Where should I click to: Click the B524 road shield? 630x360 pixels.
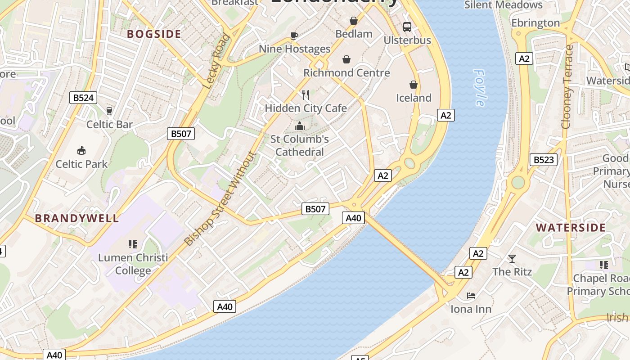[83, 98]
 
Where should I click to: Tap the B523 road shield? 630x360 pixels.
[543, 160]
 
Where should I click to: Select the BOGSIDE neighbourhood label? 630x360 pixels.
[154, 34]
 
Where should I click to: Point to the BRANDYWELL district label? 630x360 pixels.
[77, 218]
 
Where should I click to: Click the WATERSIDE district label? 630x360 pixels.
[571, 227]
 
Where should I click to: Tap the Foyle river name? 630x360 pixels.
[480, 88]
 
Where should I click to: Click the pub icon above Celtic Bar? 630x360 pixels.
[109, 111]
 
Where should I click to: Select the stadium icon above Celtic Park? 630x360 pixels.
[81, 150]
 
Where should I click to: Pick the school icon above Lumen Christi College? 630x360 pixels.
[132, 244]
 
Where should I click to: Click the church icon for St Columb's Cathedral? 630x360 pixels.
[299, 126]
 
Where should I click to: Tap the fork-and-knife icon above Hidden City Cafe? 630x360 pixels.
[306, 94]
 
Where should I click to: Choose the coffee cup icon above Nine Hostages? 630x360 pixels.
[294, 35]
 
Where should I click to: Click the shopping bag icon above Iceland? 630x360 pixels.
[413, 84]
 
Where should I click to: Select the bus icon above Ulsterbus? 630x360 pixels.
[407, 27]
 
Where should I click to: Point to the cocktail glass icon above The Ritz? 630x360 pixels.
[512, 258]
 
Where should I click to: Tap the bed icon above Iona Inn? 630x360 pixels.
[471, 296]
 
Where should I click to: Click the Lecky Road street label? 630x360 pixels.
[217, 61]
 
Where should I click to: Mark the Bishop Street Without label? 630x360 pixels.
[220, 198]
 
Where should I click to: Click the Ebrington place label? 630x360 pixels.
[535, 23]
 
